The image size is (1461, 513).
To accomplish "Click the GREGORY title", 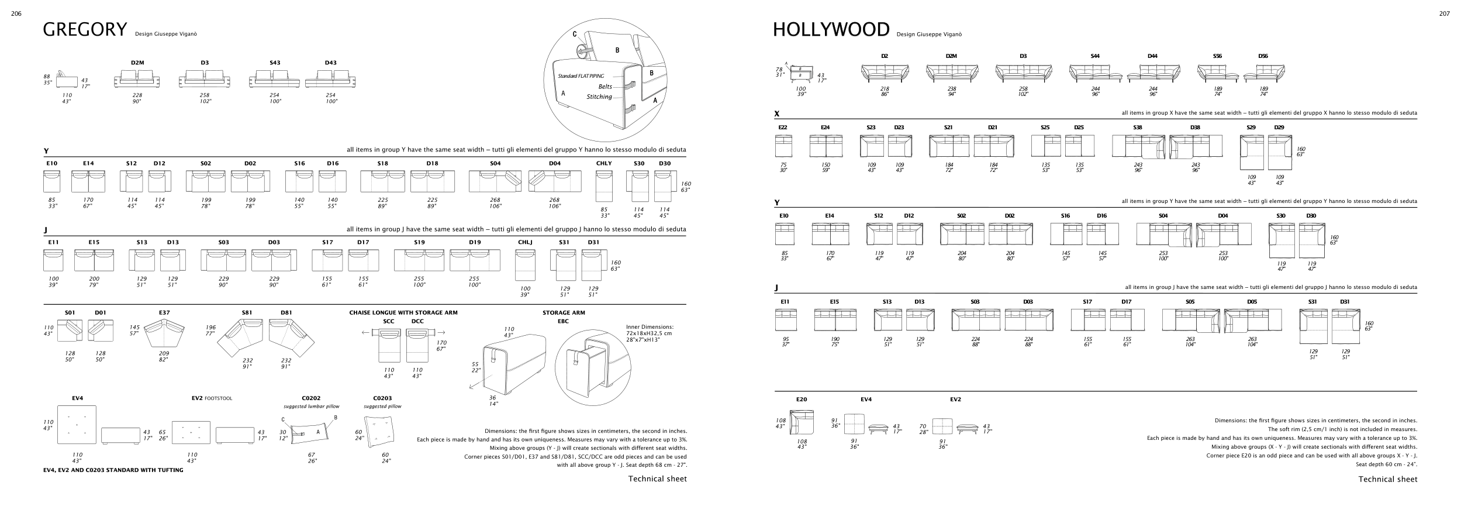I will pos(85,29).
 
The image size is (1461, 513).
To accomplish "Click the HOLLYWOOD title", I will pos(831,29).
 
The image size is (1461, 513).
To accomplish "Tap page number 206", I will pos(16,14).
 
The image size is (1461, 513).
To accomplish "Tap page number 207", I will pos(1444,14).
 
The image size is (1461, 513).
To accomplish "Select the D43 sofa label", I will pos(330,63).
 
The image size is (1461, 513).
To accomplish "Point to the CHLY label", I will pos(604,164).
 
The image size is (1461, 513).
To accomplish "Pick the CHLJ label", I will pos(525,242).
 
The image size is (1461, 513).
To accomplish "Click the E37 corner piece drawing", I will pos(164,336).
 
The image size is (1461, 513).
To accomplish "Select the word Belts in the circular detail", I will pos(605,87).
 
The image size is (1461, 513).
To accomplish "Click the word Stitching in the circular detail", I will pos(599,97).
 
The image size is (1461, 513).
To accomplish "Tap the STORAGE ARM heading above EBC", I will pos(564,313).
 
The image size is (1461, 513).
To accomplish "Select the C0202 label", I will pos(311,398).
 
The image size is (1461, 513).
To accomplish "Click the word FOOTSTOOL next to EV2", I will pos(218,399).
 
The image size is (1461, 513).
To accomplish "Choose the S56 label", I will pos(1218,56).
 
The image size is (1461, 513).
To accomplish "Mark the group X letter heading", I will pos(777,113).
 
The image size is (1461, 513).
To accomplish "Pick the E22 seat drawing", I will pos(783,146).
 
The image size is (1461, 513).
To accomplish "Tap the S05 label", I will pos(1190,302).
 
